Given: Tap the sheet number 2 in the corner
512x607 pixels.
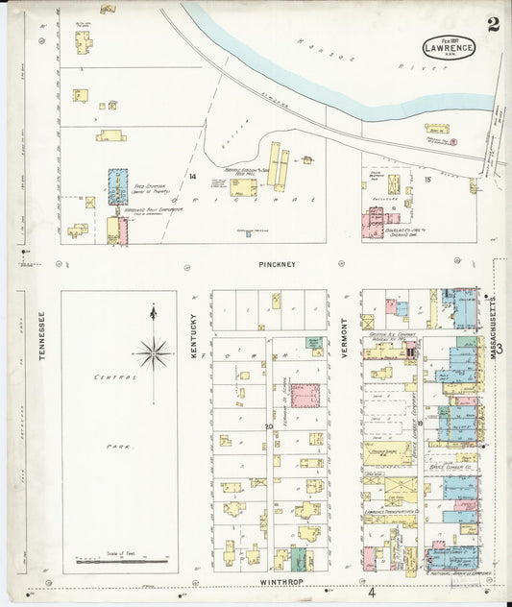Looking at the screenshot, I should (x=493, y=24).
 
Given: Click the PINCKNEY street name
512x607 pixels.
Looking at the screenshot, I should (x=277, y=263).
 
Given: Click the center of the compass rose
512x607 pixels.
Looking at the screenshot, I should (x=153, y=354).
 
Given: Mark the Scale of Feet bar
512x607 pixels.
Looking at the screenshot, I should (x=120, y=558).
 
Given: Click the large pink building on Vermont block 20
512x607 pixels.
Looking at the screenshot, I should (x=305, y=397).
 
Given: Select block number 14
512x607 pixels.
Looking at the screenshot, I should (x=192, y=177).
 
